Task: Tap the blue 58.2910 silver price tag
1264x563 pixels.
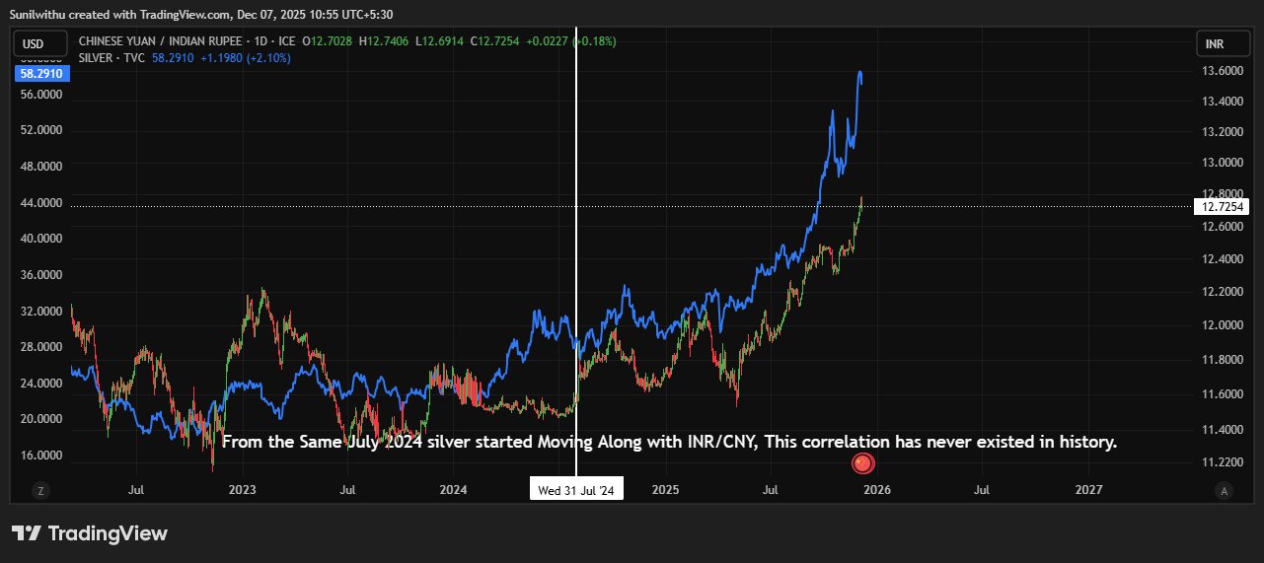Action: coord(40,74)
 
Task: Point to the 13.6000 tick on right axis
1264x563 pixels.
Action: coord(1222,71)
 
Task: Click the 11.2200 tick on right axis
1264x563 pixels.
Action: coord(1222,461)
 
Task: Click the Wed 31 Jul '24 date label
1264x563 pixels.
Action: coord(576,490)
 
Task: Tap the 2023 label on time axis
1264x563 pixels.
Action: coord(242,489)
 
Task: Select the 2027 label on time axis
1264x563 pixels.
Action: coord(1089,489)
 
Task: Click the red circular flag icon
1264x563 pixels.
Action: coord(862,463)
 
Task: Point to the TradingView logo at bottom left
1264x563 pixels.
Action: coord(90,533)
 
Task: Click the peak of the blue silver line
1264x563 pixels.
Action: coord(860,72)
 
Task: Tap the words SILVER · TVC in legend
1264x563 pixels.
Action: coord(111,58)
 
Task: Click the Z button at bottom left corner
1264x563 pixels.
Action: coord(40,490)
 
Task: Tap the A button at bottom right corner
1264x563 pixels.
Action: coord(1224,490)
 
